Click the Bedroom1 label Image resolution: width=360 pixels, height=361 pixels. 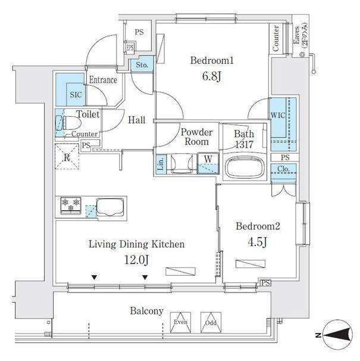(x=212, y=61)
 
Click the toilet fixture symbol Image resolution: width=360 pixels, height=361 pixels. (x=67, y=123)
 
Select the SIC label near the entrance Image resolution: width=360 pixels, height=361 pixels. (x=76, y=94)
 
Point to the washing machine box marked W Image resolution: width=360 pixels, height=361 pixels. (x=208, y=158)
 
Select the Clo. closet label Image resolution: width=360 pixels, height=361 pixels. (x=284, y=170)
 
